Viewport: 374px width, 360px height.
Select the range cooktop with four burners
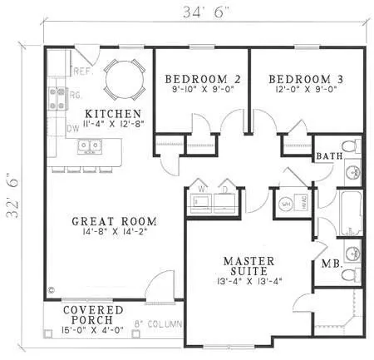(x=57, y=99)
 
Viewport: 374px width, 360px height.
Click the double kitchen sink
(x=89, y=146)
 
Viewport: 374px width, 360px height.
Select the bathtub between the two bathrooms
(x=350, y=213)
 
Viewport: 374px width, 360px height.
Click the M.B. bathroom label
(x=330, y=264)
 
